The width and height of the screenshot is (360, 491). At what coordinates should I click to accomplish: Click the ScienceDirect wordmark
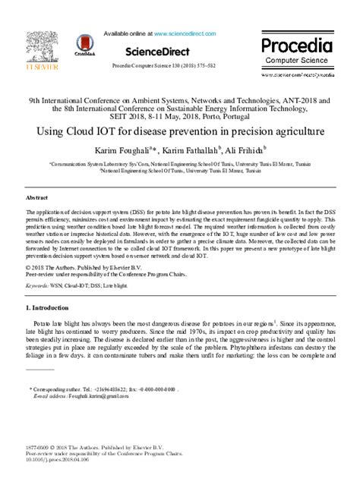[x=159, y=51]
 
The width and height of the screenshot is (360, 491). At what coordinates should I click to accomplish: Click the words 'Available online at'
[x=127, y=34]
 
